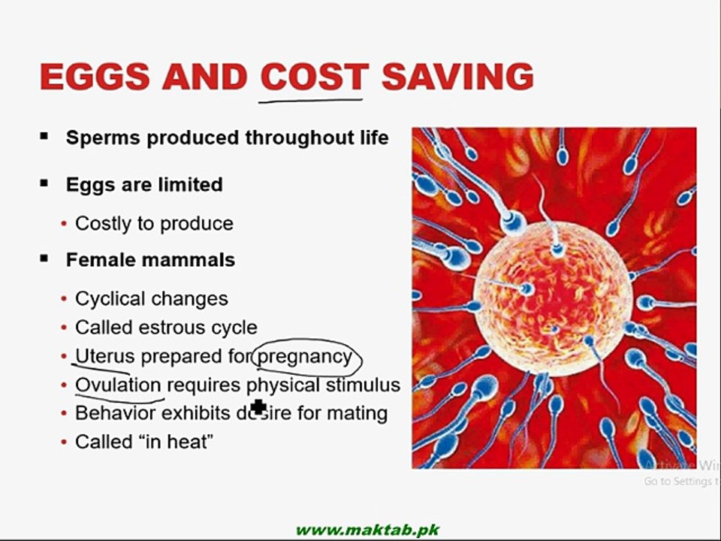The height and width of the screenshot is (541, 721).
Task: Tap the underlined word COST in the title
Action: click(x=313, y=77)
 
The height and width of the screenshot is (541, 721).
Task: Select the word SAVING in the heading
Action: click(x=457, y=77)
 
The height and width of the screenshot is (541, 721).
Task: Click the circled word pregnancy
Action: click(x=305, y=355)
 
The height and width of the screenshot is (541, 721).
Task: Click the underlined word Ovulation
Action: click(x=118, y=385)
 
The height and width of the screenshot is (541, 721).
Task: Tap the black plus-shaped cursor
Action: click(x=259, y=407)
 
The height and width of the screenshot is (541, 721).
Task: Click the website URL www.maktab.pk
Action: click(x=367, y=530)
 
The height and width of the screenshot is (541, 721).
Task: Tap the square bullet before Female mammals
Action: click(x=44, y=258)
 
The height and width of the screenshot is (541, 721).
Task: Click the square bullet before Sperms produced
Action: click(x=44, y=137)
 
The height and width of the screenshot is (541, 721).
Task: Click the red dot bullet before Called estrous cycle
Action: click(x=65, y=328)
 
